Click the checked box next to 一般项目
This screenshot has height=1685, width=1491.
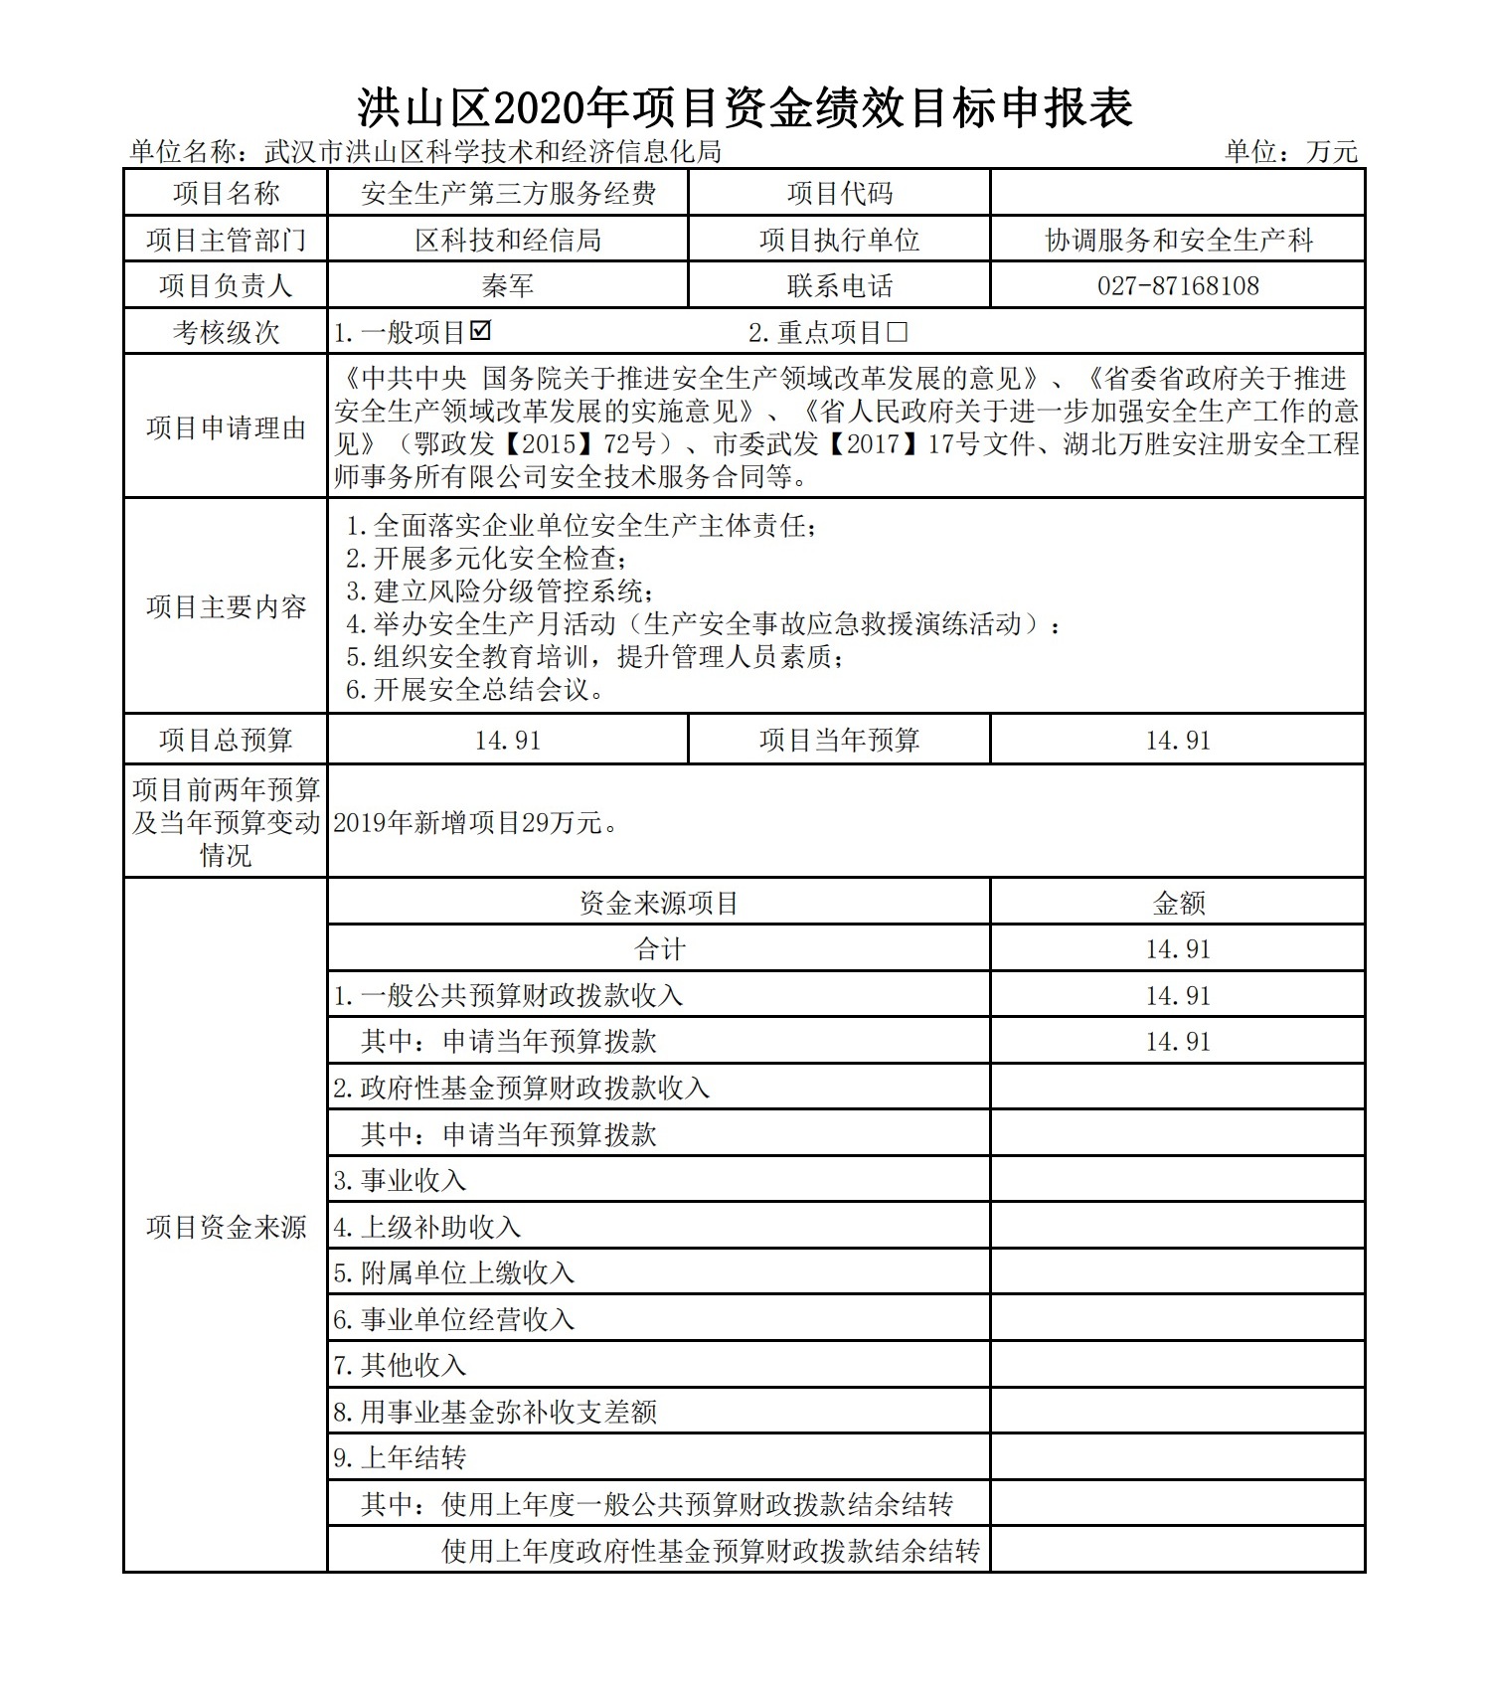point(481,331)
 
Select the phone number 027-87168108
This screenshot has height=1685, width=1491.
point(1178,286)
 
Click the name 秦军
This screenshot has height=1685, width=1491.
point(508,286)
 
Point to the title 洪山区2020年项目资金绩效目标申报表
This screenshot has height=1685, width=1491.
point(745,108)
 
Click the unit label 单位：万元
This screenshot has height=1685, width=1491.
point(1290,151)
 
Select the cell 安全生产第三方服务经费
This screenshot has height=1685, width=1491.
point(508,194)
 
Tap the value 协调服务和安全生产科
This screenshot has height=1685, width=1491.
point(1178,241)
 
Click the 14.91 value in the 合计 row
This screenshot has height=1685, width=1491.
point(1178,949)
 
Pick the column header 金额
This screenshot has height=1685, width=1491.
point(1178,903)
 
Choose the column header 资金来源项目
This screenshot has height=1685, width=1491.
point(659,903)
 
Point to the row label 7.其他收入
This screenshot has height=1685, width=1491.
point(400,1365)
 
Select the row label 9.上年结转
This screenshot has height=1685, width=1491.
point(400,1457)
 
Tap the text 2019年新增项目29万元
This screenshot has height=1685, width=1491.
point(475,822)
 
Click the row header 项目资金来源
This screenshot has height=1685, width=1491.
point(226,1227)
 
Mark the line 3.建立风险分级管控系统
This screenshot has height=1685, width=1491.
point(499,591)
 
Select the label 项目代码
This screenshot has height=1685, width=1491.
point(839,194)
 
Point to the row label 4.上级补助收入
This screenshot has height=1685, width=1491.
point(427,1227)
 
